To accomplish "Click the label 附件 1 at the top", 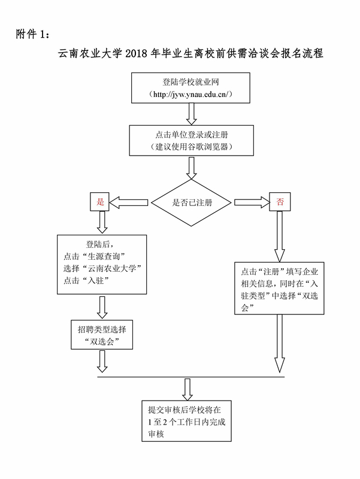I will click(37, 33).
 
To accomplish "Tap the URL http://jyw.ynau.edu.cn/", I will click(192, 95).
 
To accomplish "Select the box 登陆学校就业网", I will click(192, 87).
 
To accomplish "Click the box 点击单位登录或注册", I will click(192, 140).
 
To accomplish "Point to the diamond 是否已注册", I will click(192, 202).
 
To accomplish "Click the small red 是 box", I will click(100, 202).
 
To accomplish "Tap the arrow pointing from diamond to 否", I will click(251, 202).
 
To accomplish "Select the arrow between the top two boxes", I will click(192, 113).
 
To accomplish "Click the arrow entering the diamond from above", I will click(192, 168).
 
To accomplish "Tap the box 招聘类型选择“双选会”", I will click(101, 335).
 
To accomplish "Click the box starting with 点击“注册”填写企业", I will click(280, 287).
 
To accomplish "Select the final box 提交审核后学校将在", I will click(187, 422).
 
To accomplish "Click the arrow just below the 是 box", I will click(102, 221).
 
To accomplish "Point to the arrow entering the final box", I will click(187, 389).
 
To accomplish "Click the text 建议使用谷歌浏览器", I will click(192, 147).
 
